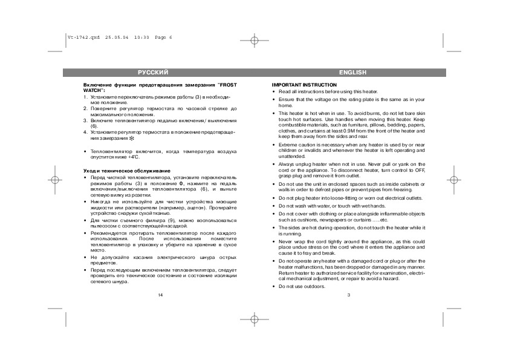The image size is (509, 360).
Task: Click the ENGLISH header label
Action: [352, 73]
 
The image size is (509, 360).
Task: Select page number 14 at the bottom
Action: [160, 295]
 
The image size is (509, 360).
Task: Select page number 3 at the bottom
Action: [349, 295]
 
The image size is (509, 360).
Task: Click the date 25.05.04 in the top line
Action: [116, 37]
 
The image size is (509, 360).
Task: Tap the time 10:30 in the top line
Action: [141, 37]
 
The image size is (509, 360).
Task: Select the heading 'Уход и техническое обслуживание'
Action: [127, 171]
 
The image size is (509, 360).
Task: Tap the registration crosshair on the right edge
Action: [454, 180]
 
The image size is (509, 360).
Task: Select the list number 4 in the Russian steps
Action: [85, 131]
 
